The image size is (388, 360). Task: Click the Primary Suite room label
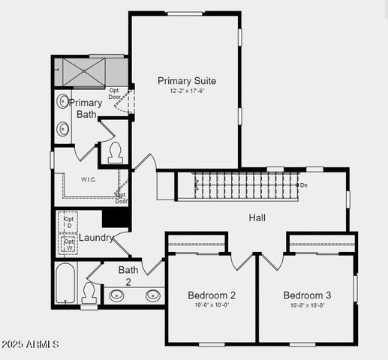pyautogui.click(x=187, y=80)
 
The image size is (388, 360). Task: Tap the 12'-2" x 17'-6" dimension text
pyautogui.click(x=187, y=91)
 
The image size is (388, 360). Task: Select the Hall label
pyautogui.click(x=258, y=217)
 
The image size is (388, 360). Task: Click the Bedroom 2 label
pyautogui.click(x=212, y=295)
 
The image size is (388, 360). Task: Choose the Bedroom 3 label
pyautogui.click(x=307, y=295)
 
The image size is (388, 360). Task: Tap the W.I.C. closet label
pyautogui.click(x=89, y=179)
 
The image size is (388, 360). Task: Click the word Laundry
pyautogui.click(x=96, y=238)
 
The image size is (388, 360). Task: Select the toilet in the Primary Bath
pyautogui.click(x=115, y=152)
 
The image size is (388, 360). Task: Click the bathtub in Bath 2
pyautogui.click(x=65, y=283)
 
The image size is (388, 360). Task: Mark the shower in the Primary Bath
pyautogui.click(x=83, y=72)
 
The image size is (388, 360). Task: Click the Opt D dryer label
pyautogui.click(x=69, y=222)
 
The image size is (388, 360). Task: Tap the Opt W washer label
pyautogui.click(x=69, y=245)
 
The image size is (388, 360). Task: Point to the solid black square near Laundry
pyautogui.click(x=116, y=217)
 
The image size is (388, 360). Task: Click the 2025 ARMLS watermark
pyautogui.click(x=30, y=344)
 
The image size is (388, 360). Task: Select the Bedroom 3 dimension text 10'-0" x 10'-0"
pyautogui.click(x=307, y=305)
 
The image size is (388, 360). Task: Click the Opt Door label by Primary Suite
pyautogui.click(x=114, y=94)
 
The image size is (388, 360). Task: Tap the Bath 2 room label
pyautogui.click(x=128, y=275)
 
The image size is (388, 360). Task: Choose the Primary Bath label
pyautogui.click(x=86, y=109)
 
